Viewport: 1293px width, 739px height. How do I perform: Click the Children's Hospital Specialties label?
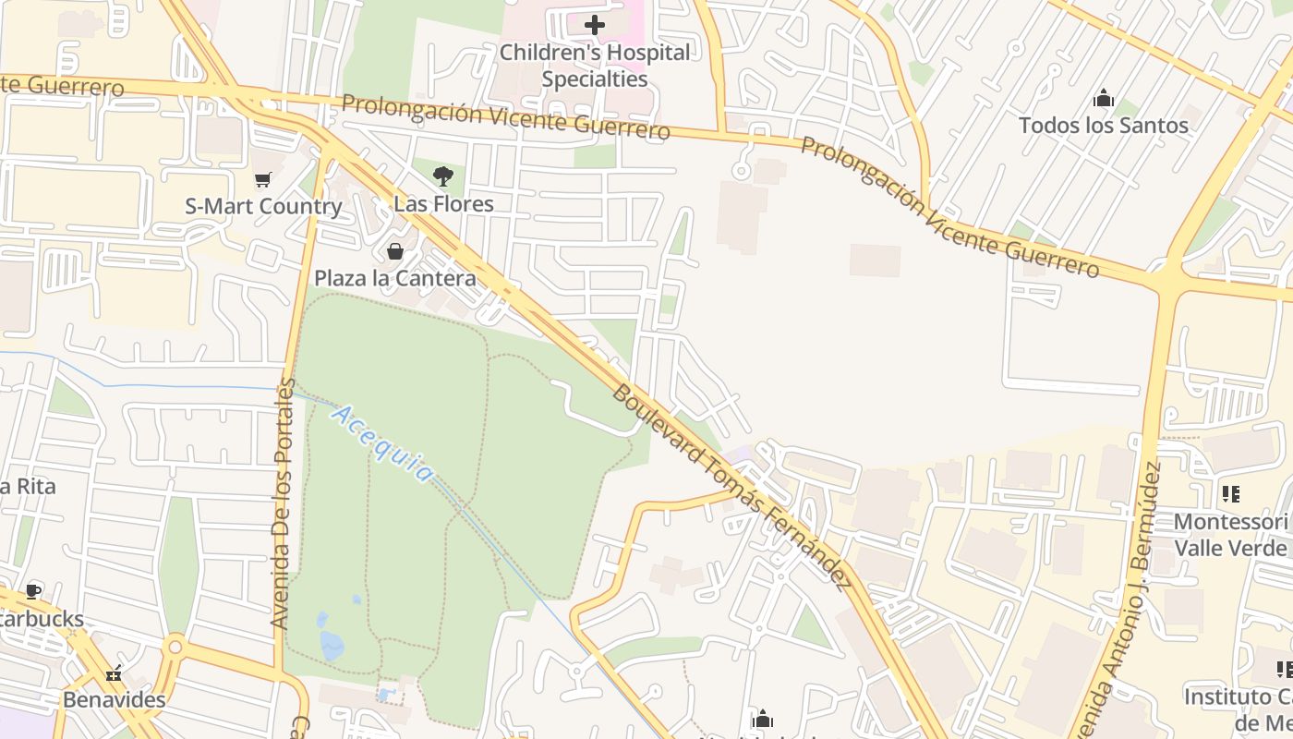click(x=595, y=66)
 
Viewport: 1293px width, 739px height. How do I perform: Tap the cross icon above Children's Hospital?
click(x=595, y=25)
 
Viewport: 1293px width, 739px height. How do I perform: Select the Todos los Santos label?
click(x=1104, y=125)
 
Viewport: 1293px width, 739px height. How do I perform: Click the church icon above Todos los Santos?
click(x=1104, y=98)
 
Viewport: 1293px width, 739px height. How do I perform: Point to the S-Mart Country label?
click(x=263, y=206)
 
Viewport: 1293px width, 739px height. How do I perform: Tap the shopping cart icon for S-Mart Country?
click(x=263, y=179)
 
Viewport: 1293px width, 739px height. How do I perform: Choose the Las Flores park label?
click(x=443, y=203)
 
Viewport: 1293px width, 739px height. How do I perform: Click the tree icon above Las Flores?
click(x=443, y=176)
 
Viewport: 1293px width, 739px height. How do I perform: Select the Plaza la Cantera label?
click(x=395, y=278)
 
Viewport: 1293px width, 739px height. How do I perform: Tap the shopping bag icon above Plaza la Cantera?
click(x=395, y=251)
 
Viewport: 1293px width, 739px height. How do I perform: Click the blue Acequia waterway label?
click(x=381, y=443)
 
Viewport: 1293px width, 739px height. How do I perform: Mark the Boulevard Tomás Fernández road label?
click(x=730, y=487)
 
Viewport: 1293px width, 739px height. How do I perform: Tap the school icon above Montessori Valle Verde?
click(x=1230, y=494)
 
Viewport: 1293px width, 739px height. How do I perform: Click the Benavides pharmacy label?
click(x=115, y=699)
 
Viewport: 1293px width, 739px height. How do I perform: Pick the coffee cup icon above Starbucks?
click(x=33, y=591)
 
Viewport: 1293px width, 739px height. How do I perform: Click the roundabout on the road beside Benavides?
click(x=175, y=645)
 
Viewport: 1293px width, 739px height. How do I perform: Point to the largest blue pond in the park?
click(x=331, y=645)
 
